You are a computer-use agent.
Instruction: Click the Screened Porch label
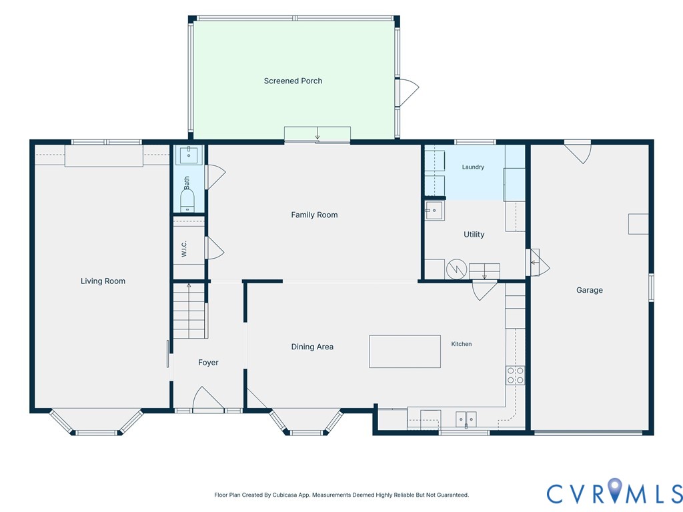[x=293, y=81]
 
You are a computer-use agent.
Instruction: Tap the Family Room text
[x=314, y=215]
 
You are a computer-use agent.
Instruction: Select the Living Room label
[x=103, y=281]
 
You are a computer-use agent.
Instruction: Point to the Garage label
[x=590, y=290]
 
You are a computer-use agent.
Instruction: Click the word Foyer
[x=208, y=363]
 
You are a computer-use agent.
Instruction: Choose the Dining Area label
[x=312, y=347]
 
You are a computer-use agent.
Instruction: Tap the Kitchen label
[x=462, y=344]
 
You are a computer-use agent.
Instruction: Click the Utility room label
[x=474, y=234]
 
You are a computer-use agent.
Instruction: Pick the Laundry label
[x=473, y=167]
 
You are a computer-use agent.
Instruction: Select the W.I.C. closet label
[x=184, y=249]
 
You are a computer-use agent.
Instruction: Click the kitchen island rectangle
[x=405, y=351]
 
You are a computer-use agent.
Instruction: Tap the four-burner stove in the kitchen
[x=516, y=376]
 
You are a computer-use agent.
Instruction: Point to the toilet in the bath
[x=187, y=201]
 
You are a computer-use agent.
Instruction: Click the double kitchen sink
[x=466, y=419]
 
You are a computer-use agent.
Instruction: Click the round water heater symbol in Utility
[x=456, y=269]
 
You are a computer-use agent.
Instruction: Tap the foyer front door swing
[x=208, y=399]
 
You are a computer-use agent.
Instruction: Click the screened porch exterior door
[x=408, y=92]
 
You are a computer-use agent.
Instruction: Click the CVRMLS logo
[x=614, y=493]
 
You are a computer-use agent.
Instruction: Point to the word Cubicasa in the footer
[x=284, y=495]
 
